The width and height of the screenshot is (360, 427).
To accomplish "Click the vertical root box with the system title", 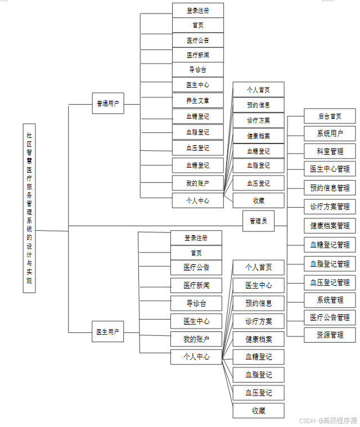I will point(29,208).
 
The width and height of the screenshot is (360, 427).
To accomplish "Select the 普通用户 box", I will point(108,104).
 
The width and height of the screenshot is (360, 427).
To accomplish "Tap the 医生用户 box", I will point(108,331).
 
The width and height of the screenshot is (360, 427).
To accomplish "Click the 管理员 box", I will point(258,221).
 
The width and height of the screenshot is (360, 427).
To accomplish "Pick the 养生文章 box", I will point(197,101).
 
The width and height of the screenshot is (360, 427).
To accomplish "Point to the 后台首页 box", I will point(330,116).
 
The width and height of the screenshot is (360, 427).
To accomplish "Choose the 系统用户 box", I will point(330,134).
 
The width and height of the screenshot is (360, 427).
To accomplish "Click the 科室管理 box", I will point(330,151).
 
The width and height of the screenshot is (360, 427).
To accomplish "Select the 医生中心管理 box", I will point(330,169).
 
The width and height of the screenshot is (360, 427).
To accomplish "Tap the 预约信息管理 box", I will point(330,188).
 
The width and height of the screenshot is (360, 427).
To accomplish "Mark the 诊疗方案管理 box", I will point(330,206).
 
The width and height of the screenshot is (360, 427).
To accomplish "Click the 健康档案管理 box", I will point(330,226).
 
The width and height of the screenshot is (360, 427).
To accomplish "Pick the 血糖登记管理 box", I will point(330,245).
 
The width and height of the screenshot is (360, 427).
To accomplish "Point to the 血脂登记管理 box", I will point(330,263).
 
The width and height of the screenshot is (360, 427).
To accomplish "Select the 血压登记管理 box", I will point(330,282).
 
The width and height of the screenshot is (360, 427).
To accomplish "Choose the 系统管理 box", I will point(330,300).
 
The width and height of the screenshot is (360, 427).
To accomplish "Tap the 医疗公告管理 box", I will point(330,317).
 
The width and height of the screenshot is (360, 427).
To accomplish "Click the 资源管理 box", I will point(330,335).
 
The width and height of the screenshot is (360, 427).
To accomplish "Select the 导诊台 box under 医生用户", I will point(196,303).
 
